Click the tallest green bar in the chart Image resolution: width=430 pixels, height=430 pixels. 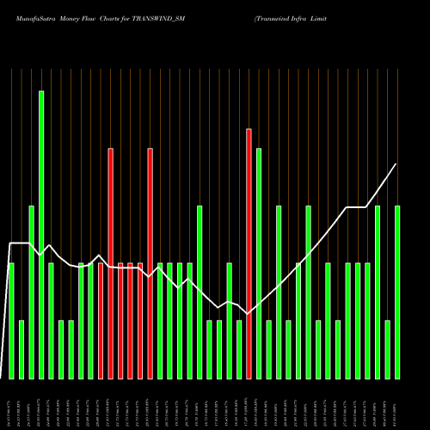(x=41, y=234)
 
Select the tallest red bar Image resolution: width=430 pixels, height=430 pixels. (x=249, y=254)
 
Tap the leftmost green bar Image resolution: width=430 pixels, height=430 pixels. (x=11, y=320)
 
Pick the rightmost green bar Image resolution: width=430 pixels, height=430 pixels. (x=397, y=292)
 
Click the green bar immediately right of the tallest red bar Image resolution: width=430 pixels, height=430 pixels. (x=258, y=263)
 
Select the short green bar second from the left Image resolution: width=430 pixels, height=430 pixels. (x=21, y=348)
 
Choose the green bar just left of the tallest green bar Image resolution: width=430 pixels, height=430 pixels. (x=32, y=292)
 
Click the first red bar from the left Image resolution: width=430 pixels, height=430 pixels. (x=100, y=320)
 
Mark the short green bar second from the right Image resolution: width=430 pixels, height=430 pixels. (x=388, y=348)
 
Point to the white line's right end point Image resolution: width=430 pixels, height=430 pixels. (x=396, y=164)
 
